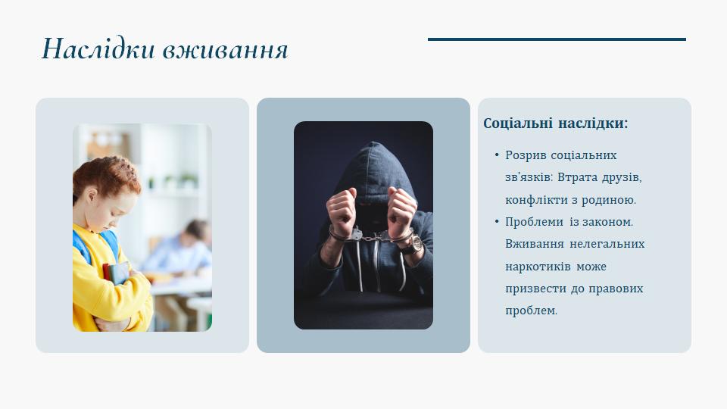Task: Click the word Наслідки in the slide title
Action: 98,48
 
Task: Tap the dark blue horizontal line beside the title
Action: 557,39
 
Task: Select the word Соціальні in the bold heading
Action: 518,123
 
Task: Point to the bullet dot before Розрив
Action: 497,155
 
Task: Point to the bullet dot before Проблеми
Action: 497,222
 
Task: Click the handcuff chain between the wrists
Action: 371,237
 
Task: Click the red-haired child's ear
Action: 92,195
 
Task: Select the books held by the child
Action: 115,273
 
